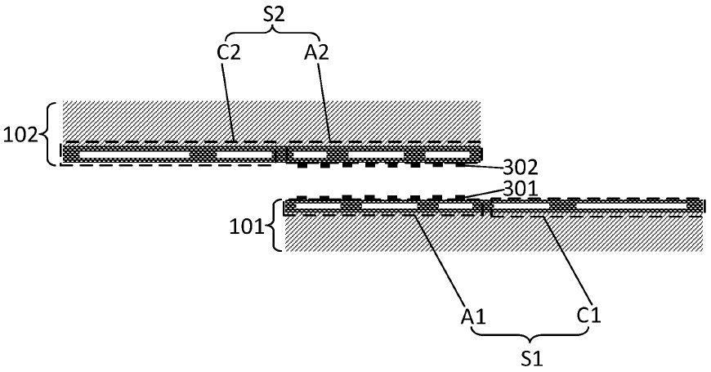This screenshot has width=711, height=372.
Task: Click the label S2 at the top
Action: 274,15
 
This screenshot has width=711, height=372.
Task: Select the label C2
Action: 228,53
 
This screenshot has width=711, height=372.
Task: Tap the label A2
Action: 316,53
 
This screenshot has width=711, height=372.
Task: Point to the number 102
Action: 20,135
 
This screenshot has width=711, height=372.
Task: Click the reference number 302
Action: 520,168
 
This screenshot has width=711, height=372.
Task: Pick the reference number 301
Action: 520,188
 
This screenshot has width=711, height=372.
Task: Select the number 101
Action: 247,226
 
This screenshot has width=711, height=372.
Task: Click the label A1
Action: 474,316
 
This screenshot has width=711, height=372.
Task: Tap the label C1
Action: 589,315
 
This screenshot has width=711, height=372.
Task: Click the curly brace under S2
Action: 272,34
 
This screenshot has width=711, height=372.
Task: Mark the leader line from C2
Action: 228,101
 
